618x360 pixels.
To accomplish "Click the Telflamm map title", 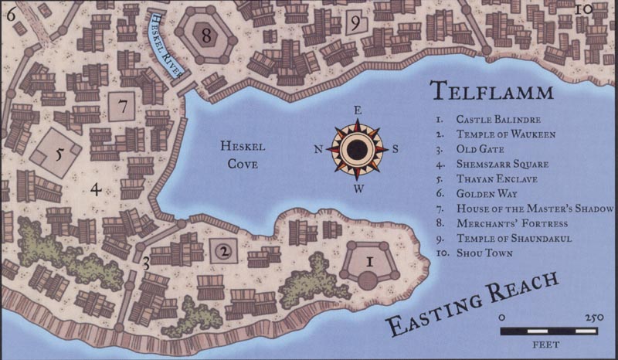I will (x=491, y=92).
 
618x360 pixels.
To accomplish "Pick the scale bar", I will (x=548, y=330).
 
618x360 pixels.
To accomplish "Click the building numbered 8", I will (x=205, y=34).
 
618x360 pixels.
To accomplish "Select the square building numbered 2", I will (x=222, y=250).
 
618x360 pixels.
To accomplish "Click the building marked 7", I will (x=122, y=104).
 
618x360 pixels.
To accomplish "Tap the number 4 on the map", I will (x=95, y=188).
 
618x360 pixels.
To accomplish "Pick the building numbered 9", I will (x=355, y=22).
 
